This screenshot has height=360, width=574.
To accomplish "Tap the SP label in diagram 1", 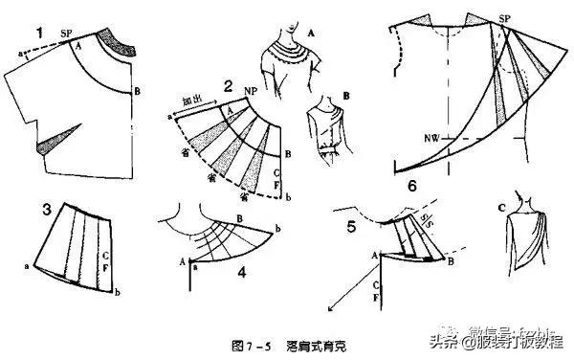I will [x=66, y=33].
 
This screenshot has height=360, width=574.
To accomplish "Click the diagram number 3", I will [x=19, y=209].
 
